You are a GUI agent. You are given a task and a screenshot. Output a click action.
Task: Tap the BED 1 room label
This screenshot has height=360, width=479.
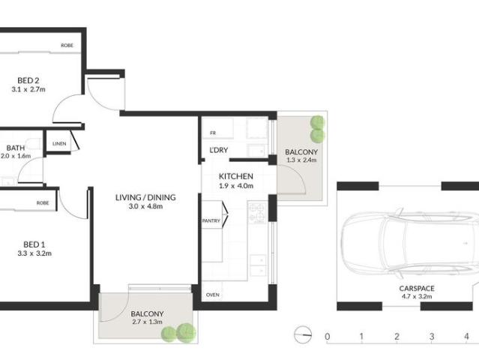point(31,244)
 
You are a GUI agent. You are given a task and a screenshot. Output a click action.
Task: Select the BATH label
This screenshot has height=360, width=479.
point(15,148)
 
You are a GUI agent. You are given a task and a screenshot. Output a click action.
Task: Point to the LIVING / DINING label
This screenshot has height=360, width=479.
point(145,198)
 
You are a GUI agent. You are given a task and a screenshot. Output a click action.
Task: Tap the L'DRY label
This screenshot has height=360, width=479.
point(219,151)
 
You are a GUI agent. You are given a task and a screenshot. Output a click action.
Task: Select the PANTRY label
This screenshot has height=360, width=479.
point(211,221)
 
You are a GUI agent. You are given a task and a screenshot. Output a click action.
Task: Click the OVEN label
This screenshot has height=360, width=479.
point(212,295)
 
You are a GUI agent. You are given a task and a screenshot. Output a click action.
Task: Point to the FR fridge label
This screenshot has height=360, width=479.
point(213,134)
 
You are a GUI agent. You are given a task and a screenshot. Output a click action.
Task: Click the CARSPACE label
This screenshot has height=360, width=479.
point(406,288)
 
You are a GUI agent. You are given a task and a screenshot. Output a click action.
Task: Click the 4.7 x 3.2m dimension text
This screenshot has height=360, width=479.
point(406,297)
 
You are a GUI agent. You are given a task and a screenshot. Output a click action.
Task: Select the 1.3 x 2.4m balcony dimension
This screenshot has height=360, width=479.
point(302,160)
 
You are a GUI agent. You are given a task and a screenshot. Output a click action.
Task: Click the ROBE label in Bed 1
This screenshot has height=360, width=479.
point(43,203)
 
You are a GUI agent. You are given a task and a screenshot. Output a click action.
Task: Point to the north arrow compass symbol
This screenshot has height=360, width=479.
point(302,334)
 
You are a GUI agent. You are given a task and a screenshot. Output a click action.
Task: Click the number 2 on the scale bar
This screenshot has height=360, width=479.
point(397,335)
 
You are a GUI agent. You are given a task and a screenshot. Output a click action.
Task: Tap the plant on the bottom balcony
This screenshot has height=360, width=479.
point(181,331)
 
